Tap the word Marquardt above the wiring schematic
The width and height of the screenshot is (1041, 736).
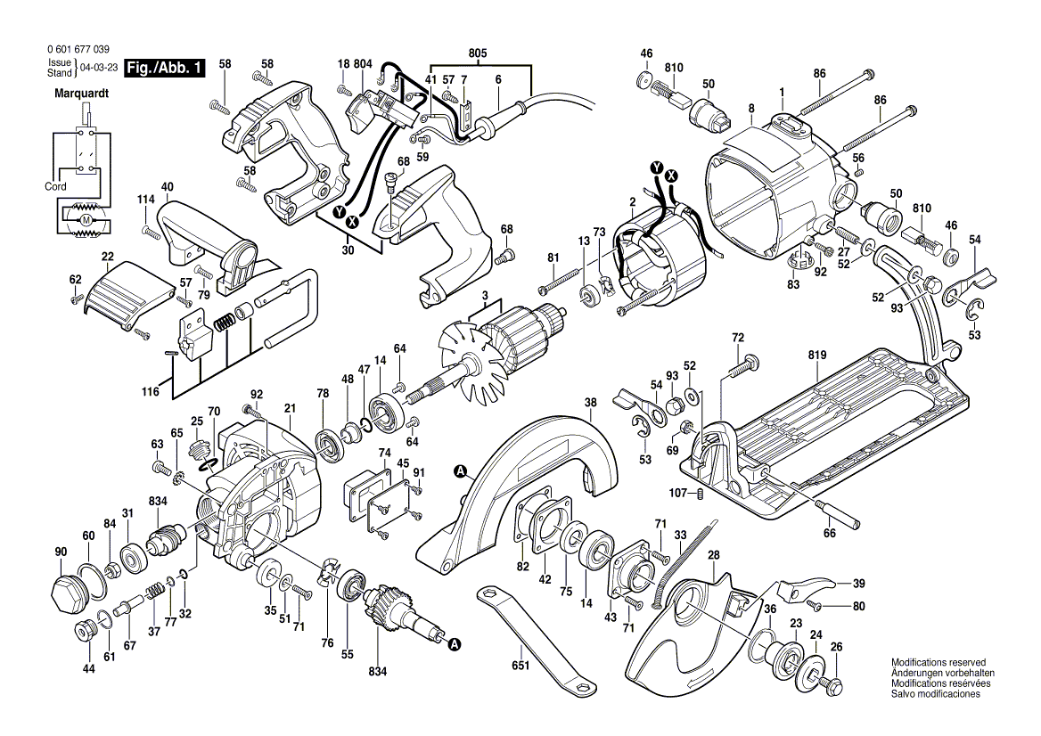click(x=82, y=93)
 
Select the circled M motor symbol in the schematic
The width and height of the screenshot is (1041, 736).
click(x=86, y=219)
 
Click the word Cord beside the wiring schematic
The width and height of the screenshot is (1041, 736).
click(x=54, y=187)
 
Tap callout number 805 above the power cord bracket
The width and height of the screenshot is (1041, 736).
click(x=478, y=53)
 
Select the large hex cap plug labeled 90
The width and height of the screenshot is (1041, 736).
click(x=67, y=591)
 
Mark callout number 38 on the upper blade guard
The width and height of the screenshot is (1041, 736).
click(x=589, y=402)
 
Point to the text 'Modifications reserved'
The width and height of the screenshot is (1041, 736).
click(x=938, y=663)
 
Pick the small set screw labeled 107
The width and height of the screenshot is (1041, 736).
click(x=701, y=494)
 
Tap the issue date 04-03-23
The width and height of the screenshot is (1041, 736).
click(x=97, y=68)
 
